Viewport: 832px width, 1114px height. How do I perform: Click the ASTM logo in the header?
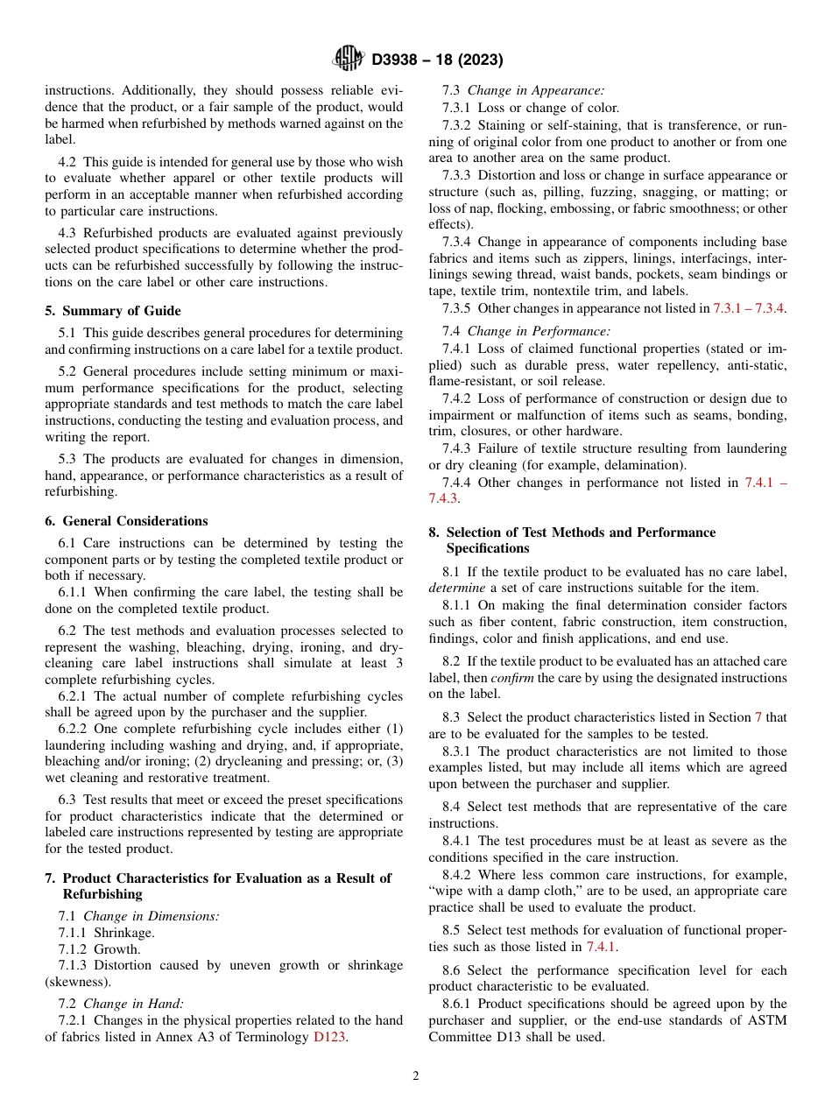[x=349, y=60]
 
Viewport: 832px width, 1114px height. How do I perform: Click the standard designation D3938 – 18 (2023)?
[x=437, y=60]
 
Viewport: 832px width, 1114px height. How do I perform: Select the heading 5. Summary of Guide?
[x=113, y=311]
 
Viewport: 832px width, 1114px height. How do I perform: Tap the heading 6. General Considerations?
[x=126, y=521]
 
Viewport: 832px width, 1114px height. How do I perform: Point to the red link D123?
[x=330, y=1037]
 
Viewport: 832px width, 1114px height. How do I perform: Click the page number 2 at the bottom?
[x=416, y=1076]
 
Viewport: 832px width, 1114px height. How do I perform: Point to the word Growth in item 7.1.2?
[x=116, y=948]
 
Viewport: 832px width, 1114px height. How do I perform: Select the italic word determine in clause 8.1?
[x=456, y=588]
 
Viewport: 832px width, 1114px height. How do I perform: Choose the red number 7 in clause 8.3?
[x=758, y=717]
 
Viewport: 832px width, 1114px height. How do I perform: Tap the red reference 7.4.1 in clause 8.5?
[x=602, y=947]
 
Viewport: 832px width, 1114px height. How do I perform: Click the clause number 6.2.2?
[x=74, y=729]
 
